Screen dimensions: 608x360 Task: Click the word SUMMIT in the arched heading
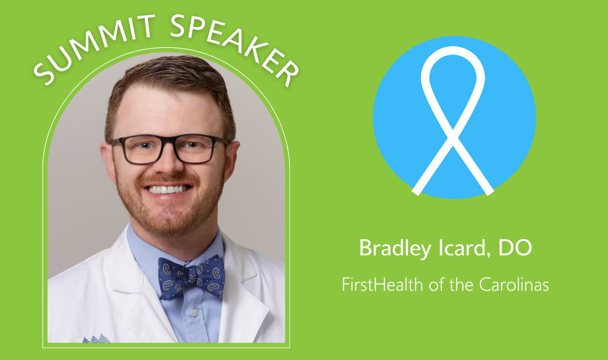[93, 48]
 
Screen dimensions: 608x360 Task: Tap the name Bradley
[395, 249]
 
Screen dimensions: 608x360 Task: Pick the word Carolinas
[514, 285]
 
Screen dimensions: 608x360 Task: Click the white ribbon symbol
[453, 120]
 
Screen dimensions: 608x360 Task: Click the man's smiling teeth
[168, 189]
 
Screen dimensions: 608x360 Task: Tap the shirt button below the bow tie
[194, 312]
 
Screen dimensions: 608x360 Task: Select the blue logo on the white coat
[96, 339]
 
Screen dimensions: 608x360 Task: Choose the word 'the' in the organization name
[462, 285]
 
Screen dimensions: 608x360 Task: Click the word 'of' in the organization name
[436, 285]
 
